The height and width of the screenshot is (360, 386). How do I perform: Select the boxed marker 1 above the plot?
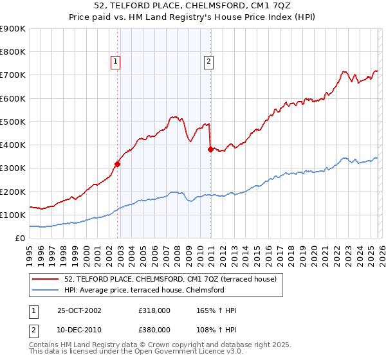(115, 62)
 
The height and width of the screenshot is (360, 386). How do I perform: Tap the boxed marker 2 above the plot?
(210, 62)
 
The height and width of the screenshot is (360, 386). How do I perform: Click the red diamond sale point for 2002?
(118, 164)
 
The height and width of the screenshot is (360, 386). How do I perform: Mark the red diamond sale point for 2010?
(210, 149)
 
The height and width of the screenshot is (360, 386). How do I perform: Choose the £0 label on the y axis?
(20, 238)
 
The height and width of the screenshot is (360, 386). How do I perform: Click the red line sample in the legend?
(45, 279)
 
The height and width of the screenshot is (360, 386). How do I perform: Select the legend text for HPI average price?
(144, 290)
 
